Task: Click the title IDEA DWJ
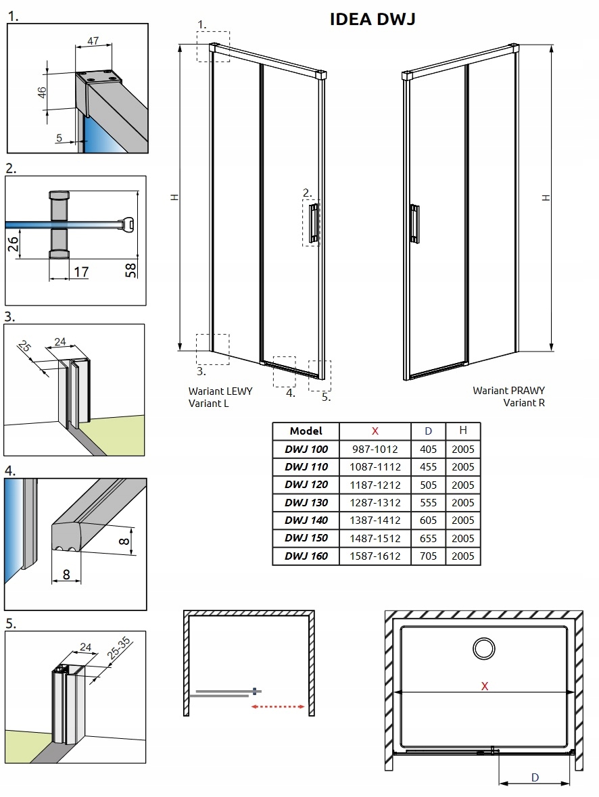tap(372, 20)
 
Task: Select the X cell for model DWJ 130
tap(375, 503)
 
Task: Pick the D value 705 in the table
tap(428, 556)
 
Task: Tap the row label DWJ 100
tap(306, 449)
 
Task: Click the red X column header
tap(375, 431)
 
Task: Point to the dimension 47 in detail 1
tap(93, 41)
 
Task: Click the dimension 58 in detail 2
tap(132, 270)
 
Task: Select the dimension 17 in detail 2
tap(80, 272)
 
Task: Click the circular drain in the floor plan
tap(484, 649)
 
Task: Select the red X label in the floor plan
tap(484, 686)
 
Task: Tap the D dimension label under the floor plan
tap(534, 777)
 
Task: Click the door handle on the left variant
tap(313, 222)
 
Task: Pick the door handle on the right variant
tap(414, 222)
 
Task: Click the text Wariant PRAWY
tap(508, 391)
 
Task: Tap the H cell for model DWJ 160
tap(462, 556)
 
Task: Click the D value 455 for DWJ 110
tap(428, 467)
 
